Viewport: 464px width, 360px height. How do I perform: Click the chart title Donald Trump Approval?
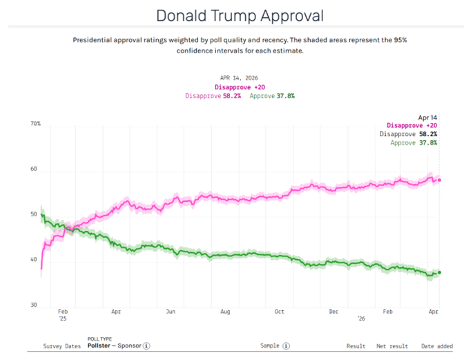(240, 15)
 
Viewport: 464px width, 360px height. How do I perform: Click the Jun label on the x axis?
(170, 312)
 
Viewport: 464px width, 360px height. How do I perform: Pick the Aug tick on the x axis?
(225, 312)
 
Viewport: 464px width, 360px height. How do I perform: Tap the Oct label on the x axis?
(279, 312)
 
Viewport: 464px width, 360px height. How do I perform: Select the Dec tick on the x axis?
(333, 312)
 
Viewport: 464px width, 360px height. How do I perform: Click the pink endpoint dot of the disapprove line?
(439, 180)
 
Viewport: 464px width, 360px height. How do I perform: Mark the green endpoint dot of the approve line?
(439, 272)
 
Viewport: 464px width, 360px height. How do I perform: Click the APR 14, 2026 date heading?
(240, 78)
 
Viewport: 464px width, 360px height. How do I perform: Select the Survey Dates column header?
(62, 345)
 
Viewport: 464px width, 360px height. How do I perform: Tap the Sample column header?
(271, 345)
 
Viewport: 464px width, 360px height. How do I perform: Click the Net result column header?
(391, 345)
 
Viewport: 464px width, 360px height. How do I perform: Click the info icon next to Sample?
(287, 345)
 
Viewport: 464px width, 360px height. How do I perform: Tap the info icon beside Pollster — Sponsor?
(147, 345)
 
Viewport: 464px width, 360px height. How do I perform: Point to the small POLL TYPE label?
(100, 339)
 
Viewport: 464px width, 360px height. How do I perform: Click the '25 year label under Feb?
(62, 320)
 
